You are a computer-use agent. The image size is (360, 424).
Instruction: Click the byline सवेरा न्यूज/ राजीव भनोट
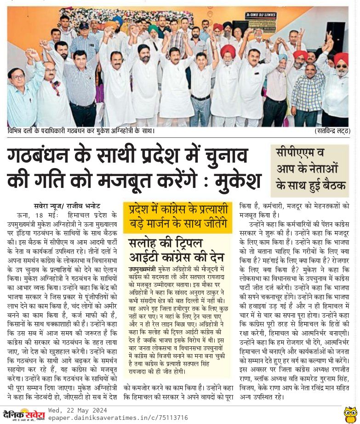click(67, 205)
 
